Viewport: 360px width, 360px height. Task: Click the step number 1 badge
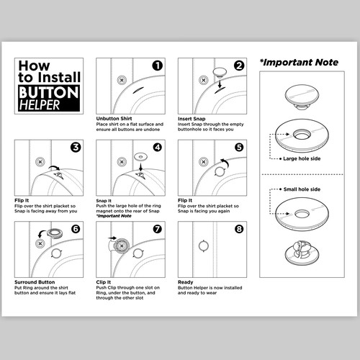(156, 66)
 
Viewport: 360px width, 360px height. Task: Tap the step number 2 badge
(238, 66)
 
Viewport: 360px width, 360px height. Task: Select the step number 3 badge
(75, 148)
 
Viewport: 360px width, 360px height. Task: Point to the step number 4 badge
(156, 148)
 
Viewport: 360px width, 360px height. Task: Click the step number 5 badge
(238, 148)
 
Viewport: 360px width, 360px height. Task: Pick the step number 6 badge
(75, 230)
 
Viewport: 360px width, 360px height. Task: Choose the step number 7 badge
(156, 230)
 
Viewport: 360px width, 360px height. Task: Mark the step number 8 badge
(238, 230)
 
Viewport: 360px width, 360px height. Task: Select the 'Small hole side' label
(302, 189)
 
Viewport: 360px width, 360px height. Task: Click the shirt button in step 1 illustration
(122, 78)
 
